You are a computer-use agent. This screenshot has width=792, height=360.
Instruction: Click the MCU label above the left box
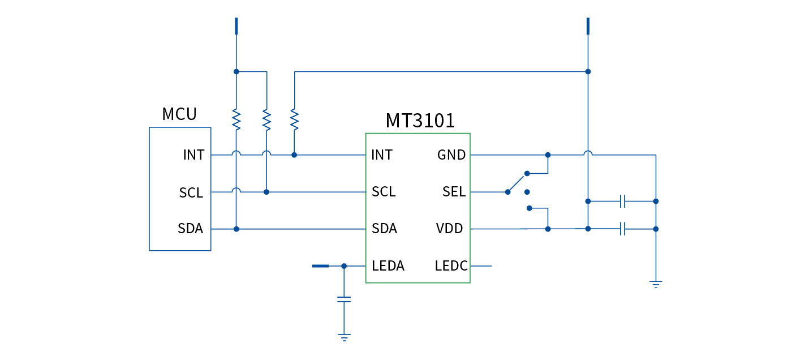pos(179,114)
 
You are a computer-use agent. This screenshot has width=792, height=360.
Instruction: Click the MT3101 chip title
pos(420,121)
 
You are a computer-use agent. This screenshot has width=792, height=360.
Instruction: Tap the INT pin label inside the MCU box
pos(193,155)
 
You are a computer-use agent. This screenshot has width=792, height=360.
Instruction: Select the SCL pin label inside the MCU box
pos(191,192)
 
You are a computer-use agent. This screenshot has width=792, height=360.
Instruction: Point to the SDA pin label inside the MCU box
pos(191,229)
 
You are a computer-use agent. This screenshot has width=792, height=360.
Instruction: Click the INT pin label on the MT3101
pos(382,155)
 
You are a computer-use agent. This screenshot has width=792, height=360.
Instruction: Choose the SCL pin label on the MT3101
pos(384,192)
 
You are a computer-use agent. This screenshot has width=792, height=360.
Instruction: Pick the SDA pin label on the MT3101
pos(384,229)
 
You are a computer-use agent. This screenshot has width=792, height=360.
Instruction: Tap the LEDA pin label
pos(388,265)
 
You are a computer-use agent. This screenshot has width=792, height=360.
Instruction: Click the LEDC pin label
pos(451,265)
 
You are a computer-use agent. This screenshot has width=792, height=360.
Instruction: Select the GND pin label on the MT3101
pos(451,155)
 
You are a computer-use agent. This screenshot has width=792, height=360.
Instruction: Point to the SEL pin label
pos(454,192)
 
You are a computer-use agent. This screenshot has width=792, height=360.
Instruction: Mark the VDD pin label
pos(450,229)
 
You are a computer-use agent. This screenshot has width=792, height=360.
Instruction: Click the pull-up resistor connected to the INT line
pos(294,119)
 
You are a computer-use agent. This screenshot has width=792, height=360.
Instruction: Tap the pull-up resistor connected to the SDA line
pos(236,119)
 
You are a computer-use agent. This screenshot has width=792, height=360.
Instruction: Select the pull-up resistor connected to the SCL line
pos(266,119)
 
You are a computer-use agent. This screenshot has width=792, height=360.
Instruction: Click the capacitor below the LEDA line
pos(344,299)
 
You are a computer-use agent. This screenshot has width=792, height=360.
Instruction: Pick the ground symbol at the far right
pos(656,284)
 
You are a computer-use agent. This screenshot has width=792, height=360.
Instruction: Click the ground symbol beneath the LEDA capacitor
pos(344,338)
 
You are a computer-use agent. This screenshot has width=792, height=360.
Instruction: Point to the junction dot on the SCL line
pos(266,192)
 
